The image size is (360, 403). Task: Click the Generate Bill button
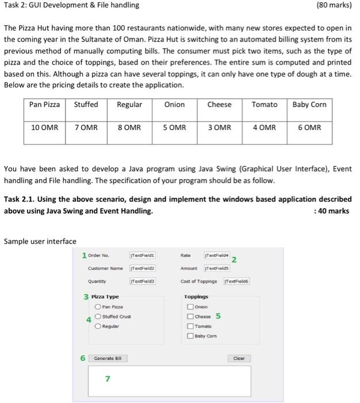point(108,358)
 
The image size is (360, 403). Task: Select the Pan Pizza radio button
point(98,307)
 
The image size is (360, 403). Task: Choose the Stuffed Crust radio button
point(98,317)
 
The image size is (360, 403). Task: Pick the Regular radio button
point(98,325)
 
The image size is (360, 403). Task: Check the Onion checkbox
point(190,307)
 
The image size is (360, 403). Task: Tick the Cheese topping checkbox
point(190,317)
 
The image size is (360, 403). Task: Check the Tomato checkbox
point(190,326)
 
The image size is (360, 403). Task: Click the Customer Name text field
point(142,268)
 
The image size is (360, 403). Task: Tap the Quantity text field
point(142,281)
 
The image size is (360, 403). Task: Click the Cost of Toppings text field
point(237,281)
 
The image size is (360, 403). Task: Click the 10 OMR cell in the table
point(44,127)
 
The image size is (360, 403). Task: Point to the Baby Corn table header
point(309,105)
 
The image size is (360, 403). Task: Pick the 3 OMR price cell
point(219,127)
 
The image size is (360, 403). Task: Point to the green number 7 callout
point(107,378)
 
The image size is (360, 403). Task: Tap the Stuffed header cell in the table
point(86,105)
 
